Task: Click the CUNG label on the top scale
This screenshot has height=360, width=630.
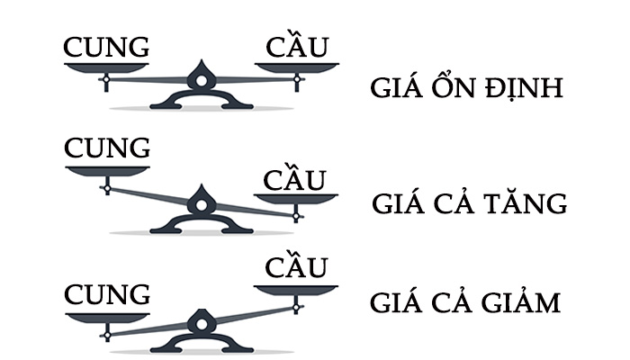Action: (x=106, y=47)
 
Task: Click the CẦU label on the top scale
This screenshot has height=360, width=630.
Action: (x=296, y=47)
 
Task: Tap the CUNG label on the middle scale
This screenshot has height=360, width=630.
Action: (x=107, y=148)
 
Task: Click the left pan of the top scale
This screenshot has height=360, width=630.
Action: (x=106, y=67)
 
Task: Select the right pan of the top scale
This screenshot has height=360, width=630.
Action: (x=296, y=67)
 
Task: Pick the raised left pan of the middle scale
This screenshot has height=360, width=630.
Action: (x=107, y=170)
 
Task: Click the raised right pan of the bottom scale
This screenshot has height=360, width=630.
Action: (x=296, y=288)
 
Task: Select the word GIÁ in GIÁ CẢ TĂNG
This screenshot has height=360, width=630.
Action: (x=397, y=202)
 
